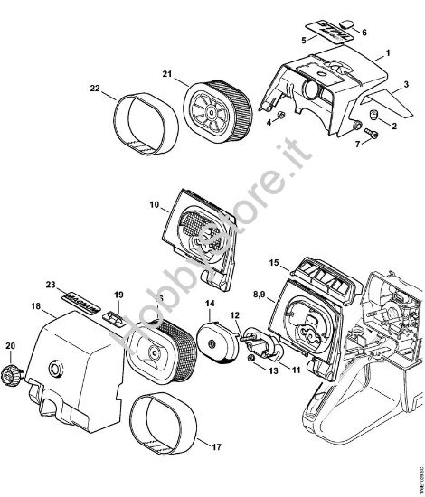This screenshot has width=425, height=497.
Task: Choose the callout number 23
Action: (x=53, y=283)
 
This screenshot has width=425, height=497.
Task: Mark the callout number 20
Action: (x=11, y=345)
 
